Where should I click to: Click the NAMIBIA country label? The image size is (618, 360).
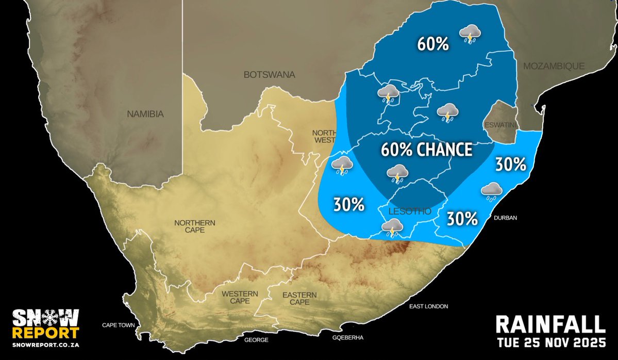(x=145, y=114)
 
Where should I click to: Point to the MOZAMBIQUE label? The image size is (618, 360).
(x=554, y=66)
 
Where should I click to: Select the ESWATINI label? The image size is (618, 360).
(x=500, y=125)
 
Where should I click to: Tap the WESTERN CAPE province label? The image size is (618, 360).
(x=240, y=298)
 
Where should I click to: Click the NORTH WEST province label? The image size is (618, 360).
(x=324, y=136)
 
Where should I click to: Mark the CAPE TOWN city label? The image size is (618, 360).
(x=118, y=325)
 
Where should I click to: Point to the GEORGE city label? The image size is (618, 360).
(x=256, y=340)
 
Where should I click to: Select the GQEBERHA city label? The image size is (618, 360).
(x=348, y=337)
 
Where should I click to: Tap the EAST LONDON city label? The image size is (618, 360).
(x=428, y=306)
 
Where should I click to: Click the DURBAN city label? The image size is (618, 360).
(x=505, y=218)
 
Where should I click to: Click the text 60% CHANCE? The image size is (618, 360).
(x=426, y=150)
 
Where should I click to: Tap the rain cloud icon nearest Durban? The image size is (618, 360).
(x=492, y=191)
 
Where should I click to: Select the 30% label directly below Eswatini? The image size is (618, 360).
(x=510, y=165)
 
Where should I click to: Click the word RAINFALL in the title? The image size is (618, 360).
(x=550, y=324)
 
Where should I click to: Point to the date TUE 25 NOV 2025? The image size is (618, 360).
(x=550, y=342)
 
